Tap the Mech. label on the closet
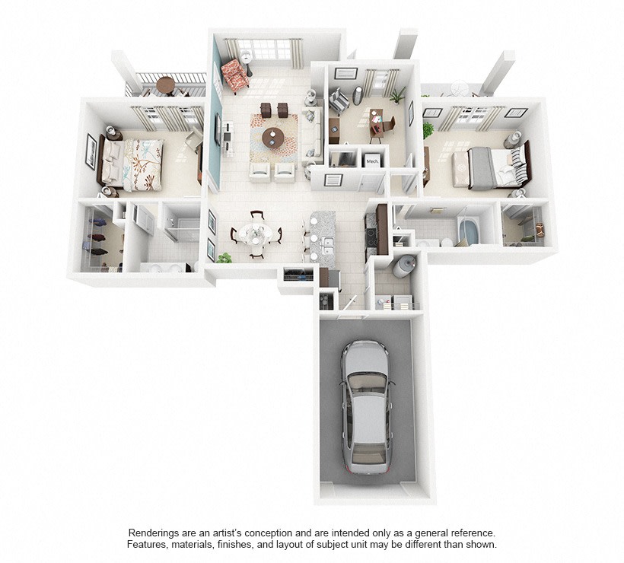point(372,161)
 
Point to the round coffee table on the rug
point(273,138)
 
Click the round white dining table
point(255,235)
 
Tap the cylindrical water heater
point(403,266)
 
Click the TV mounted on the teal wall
point(218,129)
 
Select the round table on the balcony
point(166,84)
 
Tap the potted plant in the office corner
point(398,96)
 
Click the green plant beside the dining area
point(224,258)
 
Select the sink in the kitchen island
point(328,245)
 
